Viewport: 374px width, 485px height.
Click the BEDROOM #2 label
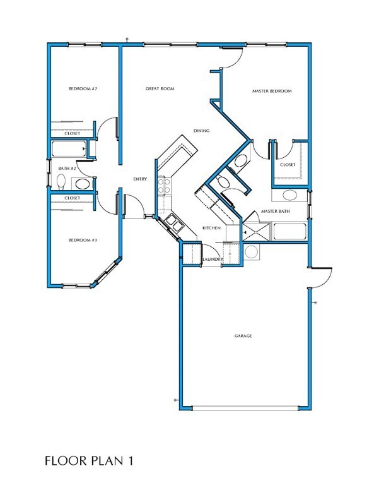click(83, 89)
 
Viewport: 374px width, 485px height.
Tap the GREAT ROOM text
click(160, 89)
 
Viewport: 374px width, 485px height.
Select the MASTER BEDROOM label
click(272, 92)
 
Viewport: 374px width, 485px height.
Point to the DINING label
click(201, 131)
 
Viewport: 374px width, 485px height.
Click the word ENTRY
click(140, 179)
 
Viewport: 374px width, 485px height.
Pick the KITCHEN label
click(211, 227)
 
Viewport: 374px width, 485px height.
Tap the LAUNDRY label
click(212, 260)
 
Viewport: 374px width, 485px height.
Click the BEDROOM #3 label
click(83, 241)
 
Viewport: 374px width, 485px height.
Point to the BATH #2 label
click(67, 169)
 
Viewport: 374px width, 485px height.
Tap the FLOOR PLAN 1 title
click(89, 460)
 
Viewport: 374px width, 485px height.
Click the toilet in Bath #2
click(61, 183)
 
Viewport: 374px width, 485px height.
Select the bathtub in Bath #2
click(68, 149)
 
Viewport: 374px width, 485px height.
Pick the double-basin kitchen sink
click(172, 223)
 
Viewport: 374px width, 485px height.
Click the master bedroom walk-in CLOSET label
click(287, 165)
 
